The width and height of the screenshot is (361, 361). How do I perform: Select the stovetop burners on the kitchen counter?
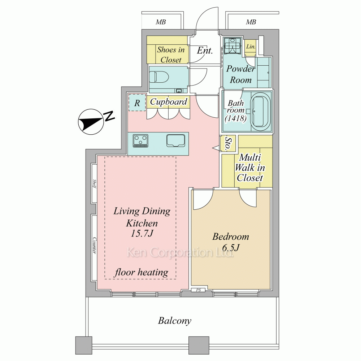click(x=140, y=141)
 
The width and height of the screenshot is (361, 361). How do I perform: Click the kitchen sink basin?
click(x=176, y=140)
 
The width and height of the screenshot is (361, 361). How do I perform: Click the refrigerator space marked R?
click(x=137, y=103)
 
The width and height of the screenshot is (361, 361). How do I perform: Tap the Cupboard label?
click(x=169, y=102)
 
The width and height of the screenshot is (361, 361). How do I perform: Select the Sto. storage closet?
click(x=228, y=144)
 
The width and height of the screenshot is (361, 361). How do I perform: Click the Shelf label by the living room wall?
click(x=94, y=184)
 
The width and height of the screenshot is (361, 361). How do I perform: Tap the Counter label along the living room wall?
click(x=94, y=245)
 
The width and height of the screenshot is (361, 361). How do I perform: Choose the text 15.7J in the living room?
click(x=142, y=234)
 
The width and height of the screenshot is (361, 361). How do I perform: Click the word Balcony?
click(x=174, y=321)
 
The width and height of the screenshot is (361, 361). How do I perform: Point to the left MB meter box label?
click(x=161, y=22)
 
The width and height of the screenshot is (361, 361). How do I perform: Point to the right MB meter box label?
click(x=251, y=22)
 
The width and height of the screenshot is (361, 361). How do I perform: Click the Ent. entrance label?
click(x=205, y=51)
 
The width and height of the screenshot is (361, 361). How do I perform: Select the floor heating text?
click(x=142, y=272)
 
